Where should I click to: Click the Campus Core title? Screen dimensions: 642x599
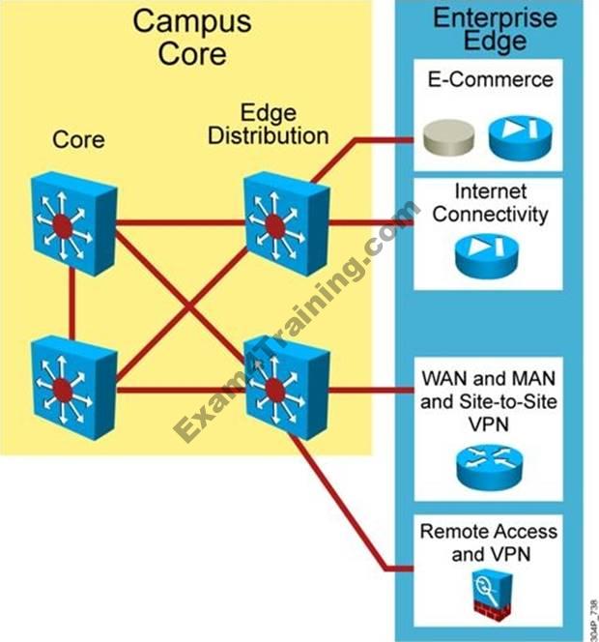coord(191,36)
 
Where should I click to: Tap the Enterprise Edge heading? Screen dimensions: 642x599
coord(494,29)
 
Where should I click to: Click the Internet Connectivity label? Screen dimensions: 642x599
coord(491,202)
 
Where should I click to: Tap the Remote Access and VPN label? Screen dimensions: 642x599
coord(490,543)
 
